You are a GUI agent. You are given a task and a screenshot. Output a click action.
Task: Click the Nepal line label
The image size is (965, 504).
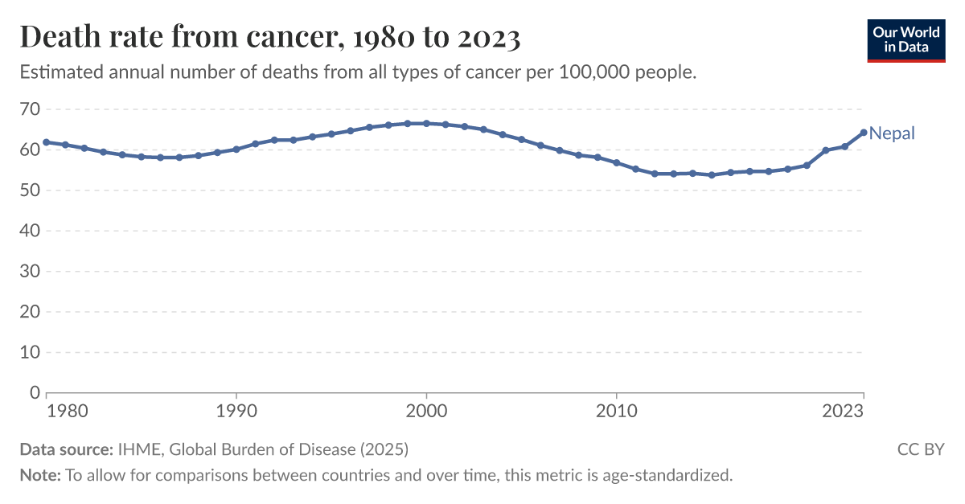pos(892,133)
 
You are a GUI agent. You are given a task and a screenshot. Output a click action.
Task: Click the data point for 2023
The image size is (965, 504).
pos(864,133)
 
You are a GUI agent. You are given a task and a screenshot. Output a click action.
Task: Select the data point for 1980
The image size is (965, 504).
pos(47,142)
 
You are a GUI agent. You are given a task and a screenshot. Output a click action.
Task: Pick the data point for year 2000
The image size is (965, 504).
pos(426,124)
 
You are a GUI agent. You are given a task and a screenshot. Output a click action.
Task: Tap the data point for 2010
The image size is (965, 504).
pos(616,163)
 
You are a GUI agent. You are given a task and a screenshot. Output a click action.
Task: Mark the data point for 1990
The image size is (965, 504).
pos(236,150)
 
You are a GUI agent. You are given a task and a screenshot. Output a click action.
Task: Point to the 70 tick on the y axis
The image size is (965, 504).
pos(30,109)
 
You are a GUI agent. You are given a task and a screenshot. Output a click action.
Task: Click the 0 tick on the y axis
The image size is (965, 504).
pos(35,393)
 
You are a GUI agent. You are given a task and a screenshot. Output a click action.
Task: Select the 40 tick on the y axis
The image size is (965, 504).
pos(30,231)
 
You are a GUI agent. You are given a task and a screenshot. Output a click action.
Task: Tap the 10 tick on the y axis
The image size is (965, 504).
pos(30,352)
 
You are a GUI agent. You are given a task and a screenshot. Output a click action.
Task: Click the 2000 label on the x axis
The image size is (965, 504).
pos(426,411)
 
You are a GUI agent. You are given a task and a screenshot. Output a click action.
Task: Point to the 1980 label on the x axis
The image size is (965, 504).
pos(65,411)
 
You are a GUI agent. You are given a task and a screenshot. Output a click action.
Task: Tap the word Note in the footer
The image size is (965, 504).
pos(39,475)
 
